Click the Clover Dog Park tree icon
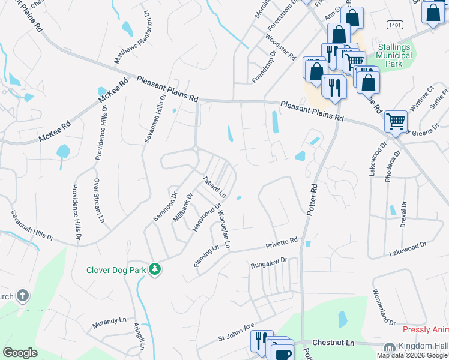pos(155,269)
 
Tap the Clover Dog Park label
pos(116,270)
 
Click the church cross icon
pos(22,295)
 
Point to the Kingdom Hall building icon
pos(389,347)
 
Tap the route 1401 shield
pos(394,25)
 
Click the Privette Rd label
pos(282,243)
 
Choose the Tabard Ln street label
pos(214,187)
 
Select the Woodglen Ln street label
pos(224,229)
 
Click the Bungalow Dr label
pos(270,263)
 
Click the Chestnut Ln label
pos(338,342)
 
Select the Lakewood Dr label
pos(407,248)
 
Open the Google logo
pos(20,353)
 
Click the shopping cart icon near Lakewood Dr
pos(396,122)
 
